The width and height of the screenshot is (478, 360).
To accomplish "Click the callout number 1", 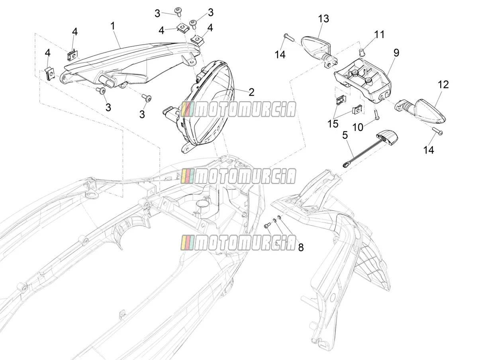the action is coord(113,26).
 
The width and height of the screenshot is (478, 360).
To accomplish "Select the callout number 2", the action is coord(251,92).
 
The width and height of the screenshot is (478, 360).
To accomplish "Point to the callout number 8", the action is coord(301,247).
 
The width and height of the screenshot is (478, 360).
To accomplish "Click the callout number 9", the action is coord(396,53).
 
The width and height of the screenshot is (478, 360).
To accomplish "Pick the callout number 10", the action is coord(358,127).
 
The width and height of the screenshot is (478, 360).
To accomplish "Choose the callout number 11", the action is coord(379,34).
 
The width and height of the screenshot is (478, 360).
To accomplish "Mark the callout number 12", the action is coord(443,85).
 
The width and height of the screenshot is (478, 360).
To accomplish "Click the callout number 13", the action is coord(323,19).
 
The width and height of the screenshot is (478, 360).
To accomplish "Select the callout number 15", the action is coord(333,123).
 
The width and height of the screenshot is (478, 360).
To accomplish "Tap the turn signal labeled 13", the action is coord(319,52).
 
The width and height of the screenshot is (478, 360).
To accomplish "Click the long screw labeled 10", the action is coord(377,113).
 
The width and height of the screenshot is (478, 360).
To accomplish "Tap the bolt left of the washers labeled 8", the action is coord(267,226).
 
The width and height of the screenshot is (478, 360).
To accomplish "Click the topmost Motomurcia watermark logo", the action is coord(238,109).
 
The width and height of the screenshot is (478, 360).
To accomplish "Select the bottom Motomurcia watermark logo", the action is coord(238,242).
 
